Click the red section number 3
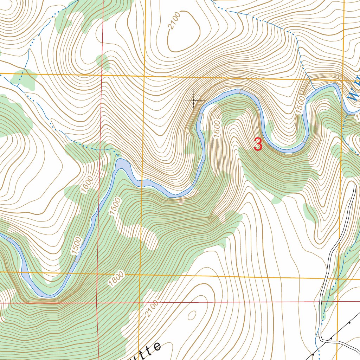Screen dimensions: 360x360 [258, 144]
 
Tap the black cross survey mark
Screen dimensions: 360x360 [194, 100]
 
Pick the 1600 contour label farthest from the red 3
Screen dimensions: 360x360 [88, 184]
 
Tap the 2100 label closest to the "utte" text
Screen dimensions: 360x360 [151, 309]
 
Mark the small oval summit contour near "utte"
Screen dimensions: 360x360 [192, 315]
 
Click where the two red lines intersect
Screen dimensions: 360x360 [97, 302]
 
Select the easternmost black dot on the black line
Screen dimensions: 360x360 [350, 322]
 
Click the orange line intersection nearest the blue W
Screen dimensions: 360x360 [343, 81]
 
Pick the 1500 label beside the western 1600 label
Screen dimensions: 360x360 [115, 206]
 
